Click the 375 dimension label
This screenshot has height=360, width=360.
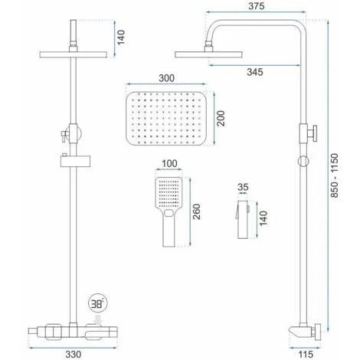coord(256,6)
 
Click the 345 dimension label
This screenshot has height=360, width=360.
coord(255,72)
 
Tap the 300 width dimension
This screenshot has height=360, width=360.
coord(166,78)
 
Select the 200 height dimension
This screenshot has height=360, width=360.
coord(221,118)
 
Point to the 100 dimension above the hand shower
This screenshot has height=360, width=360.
coord(169,163)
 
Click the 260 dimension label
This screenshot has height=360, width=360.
coord(197,211)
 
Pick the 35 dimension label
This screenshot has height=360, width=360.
coord(243,187)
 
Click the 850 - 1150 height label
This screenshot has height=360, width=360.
coord(334,175)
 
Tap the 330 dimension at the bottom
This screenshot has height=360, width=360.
coord(74,354)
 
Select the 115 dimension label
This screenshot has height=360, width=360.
coord(306,354)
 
